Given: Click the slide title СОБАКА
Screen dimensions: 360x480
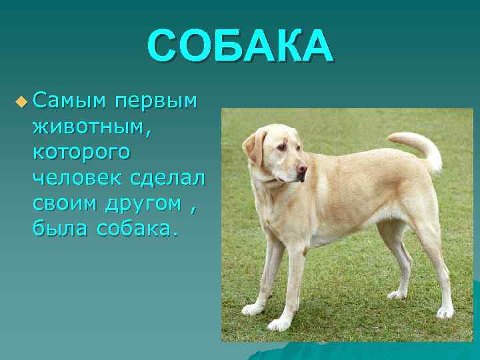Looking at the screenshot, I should pos(239,47).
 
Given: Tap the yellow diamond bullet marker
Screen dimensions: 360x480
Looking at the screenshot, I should pos(21,102).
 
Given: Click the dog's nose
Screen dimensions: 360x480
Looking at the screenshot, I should pos(303,169).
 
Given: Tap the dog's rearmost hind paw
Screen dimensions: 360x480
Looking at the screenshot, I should pos(445,311).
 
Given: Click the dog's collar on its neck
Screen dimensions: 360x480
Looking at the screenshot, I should pos(269,179).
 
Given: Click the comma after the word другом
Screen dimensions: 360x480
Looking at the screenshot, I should pos(193,208).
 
